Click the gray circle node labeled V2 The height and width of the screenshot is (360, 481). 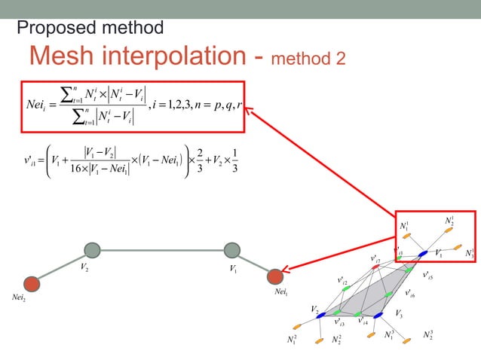[x=92, y=250]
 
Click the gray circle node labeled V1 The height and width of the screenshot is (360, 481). [x=232, y=250]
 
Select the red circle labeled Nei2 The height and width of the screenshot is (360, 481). [x=31, y=283]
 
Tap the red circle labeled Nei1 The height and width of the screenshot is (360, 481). [x=275, y=277]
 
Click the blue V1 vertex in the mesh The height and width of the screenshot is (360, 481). [x=423, y=253]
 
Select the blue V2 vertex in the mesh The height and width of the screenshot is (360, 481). [x=320, y=316]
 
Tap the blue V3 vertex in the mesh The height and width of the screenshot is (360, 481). [x=378, y=316]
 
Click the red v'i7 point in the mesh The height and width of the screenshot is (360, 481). [x=375, y=267]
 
